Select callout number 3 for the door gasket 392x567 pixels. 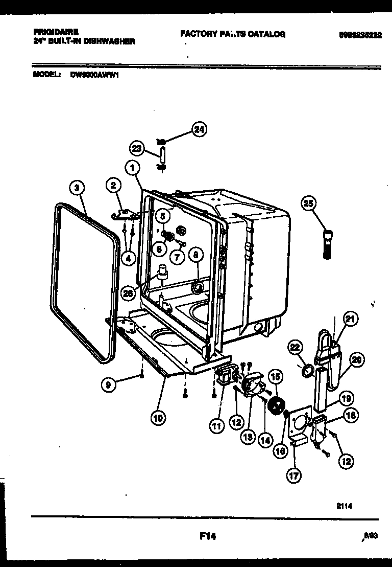[77, 188]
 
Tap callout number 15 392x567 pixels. [275, 377]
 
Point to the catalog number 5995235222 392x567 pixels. [360, 35]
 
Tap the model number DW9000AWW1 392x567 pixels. [91, 74]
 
